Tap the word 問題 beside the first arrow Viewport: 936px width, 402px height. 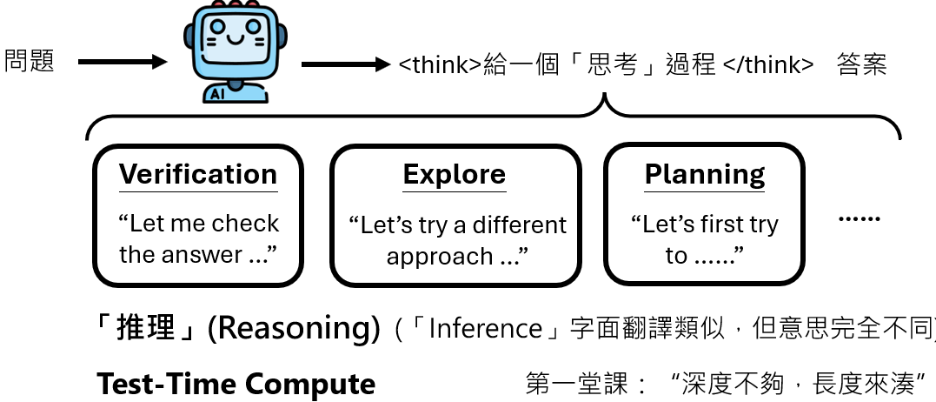point(30,61)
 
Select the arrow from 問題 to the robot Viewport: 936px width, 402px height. point(122,62)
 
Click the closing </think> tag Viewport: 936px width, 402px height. point(768,65)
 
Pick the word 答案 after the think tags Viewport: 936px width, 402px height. point(861,65)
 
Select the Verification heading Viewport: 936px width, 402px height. point(198,174)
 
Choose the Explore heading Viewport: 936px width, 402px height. point(454,175)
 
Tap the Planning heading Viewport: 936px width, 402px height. point(705,175)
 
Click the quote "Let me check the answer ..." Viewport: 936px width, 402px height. point(198,239)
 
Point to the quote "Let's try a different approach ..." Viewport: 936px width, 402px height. point(457,241)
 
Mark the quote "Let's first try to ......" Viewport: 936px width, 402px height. point(704,240)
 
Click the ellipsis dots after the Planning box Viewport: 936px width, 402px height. point(859,219)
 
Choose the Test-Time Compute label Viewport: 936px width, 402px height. point(236,384)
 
